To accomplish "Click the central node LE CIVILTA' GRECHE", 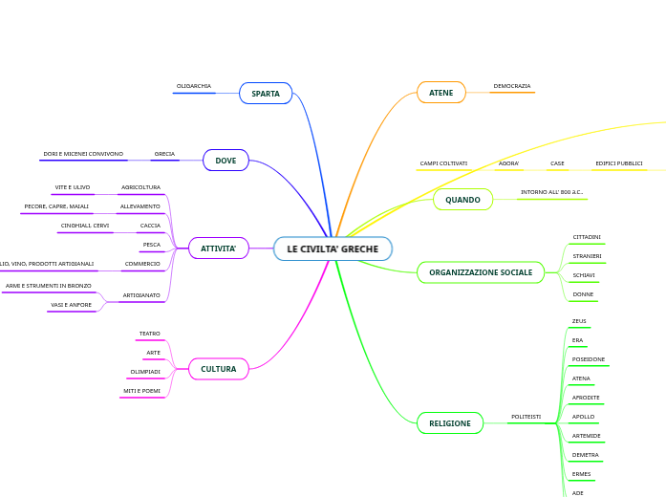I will [333, 248].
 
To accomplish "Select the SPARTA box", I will [266, 94].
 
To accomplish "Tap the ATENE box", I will [440, 93].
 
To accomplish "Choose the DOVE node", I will [226, 161].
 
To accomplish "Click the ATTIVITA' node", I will [218, 248].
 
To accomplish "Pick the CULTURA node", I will [218, 369].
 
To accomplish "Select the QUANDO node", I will [462, 200].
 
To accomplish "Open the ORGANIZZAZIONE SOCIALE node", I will [481, 272].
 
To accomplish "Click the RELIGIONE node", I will [449, 422].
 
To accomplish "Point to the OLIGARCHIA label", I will [194, 86].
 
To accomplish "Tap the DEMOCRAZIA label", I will [512, 86].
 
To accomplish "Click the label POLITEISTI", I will [526, 417].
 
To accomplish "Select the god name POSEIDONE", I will [588, 359].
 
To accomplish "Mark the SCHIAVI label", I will [584, 275].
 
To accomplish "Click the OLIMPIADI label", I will [145, 372].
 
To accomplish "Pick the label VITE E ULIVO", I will [73, 187].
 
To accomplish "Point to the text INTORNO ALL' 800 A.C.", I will [551, 192].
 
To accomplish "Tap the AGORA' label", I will [508, 163].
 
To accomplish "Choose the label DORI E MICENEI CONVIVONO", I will [83, 154].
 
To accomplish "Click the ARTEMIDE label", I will [586, 436].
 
